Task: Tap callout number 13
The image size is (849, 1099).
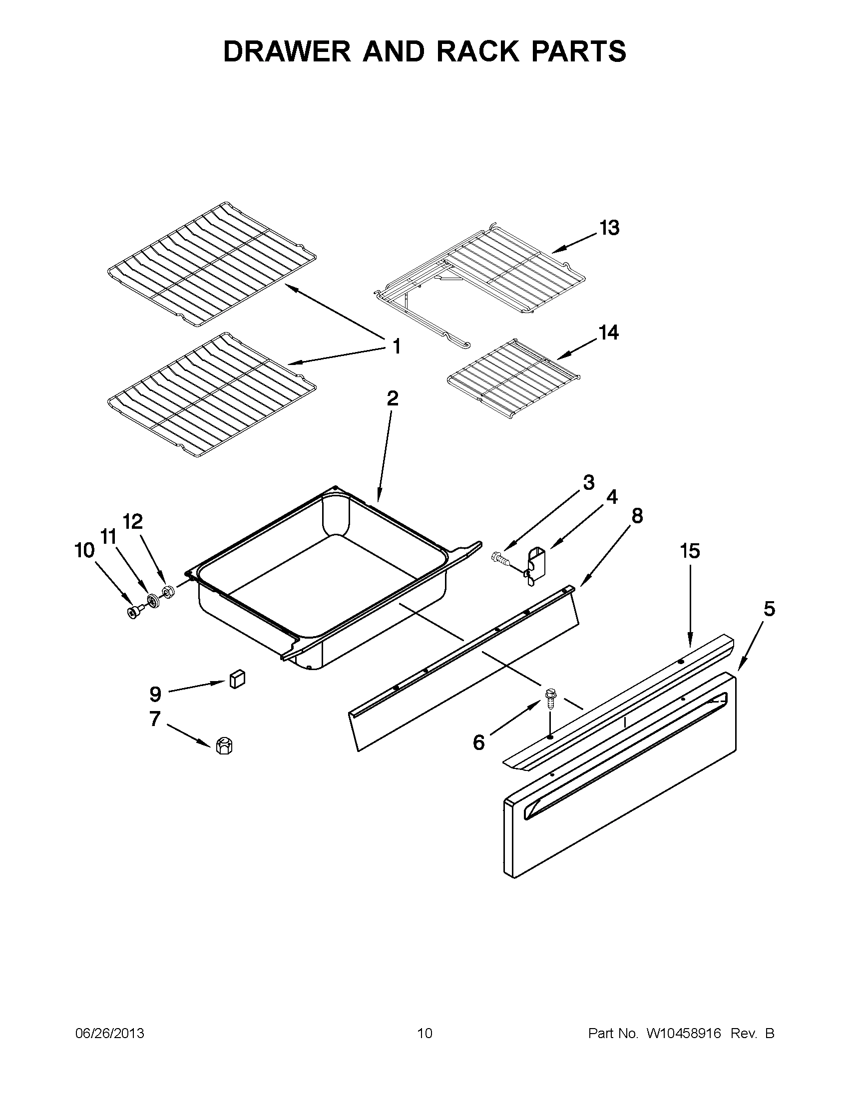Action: [609, 228]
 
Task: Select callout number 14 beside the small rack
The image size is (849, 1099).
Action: [608, 333]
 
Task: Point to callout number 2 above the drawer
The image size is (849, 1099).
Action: [393, 398]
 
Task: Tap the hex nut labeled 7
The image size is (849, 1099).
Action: [223, 746]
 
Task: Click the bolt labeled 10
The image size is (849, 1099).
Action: [134, 612]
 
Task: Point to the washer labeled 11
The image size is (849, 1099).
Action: [151, 600]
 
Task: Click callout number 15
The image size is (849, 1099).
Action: [690, 551]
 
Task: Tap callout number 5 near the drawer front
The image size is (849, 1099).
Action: [769, 609]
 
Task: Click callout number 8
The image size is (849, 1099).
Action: [637, 516]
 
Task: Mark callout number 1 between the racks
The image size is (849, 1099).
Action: [396, 346]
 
